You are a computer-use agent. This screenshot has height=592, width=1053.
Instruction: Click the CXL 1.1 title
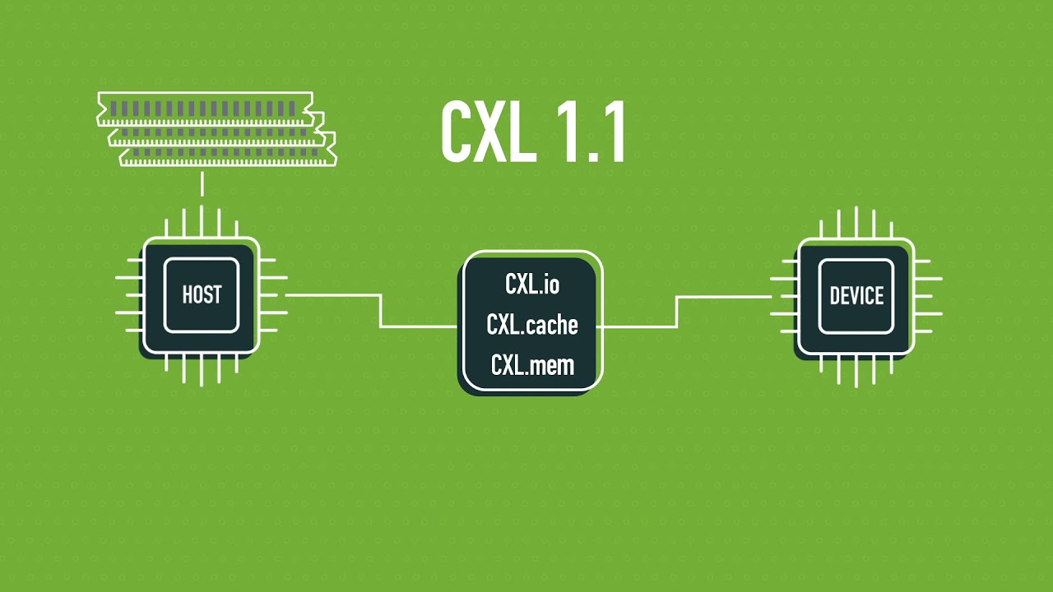point(533,133)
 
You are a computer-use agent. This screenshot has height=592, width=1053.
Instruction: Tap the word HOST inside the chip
point(202,294)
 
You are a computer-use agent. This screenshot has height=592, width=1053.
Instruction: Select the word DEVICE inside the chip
point(856,296)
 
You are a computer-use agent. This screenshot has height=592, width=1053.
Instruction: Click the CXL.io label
point(531,284)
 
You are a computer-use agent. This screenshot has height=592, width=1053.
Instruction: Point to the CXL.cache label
point(531,325)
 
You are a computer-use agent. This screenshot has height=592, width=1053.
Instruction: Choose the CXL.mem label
point(531,365)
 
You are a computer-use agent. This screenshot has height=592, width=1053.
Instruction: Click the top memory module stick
point(205,108)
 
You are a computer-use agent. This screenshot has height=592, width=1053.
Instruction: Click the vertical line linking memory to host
point(202,183)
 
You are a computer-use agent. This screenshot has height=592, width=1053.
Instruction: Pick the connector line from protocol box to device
point(677,312)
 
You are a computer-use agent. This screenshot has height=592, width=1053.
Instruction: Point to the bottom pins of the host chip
point(202,369)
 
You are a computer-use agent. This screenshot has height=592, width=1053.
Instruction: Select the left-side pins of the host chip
point(128,295)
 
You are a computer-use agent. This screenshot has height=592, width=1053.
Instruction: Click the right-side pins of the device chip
point(928,296)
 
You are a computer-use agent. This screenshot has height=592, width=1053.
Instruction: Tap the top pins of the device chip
point(856,223)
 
